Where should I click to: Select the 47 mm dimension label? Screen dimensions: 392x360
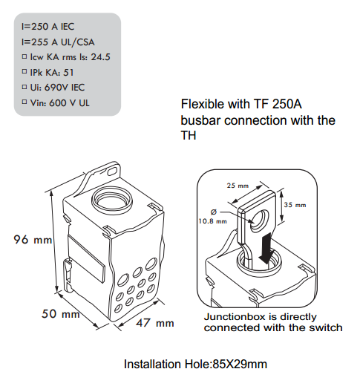pos(154,323)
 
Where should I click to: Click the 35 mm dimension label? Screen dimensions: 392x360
pos(295,204)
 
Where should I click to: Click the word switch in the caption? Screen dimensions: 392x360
pos(325,327)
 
